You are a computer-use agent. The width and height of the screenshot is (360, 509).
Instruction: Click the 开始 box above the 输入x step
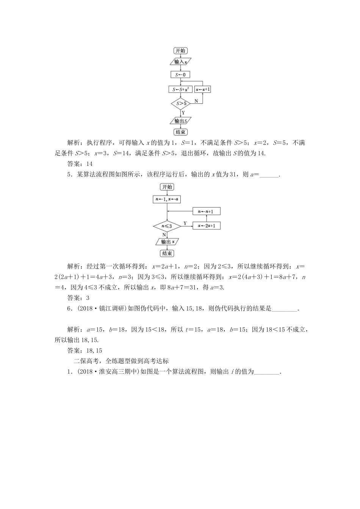click(x=180, y=51)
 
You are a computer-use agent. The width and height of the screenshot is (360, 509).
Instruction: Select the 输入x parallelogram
click(x=180, y=61)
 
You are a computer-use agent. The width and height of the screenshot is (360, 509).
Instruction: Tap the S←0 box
click(x=180, y=75)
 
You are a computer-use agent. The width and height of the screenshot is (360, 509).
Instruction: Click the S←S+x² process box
click(x=180, y=89)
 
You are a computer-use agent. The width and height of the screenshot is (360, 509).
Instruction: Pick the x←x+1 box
click(x=203, y=89)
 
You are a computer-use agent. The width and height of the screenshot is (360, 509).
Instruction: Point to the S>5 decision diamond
click(x=180, y=103)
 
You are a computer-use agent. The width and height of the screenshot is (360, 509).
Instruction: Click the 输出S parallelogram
click(x=180, y=121)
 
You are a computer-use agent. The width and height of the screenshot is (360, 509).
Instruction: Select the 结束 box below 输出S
click(x=180, y=132)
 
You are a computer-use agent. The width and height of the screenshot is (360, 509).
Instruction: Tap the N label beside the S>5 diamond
click(x=196, y=101)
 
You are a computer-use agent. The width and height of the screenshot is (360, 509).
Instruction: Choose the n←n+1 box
click(x=207, y=211)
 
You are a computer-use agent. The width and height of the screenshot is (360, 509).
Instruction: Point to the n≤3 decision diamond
click(x=167, y=226)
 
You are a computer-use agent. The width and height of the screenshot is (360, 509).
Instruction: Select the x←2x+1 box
click(x=207, y=226)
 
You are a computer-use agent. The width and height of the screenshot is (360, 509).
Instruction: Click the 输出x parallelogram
click(x=167, y=242)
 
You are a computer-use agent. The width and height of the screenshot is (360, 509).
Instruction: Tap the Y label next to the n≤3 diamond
click(x=185, y=223)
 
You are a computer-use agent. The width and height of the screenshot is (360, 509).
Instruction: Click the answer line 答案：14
click(x=80, y=164)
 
